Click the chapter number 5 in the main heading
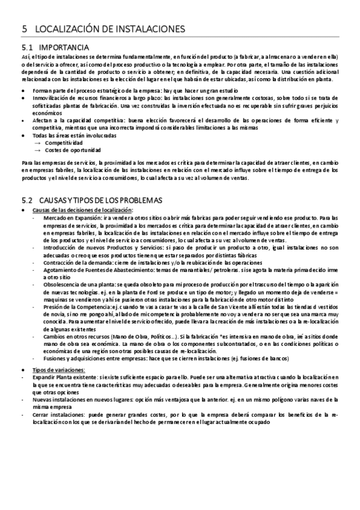click(x=24, y=28)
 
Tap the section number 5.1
click(x=26, y=47)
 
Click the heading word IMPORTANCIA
click(x=64, y=47)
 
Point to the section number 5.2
click(x=26, y=200)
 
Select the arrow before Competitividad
click(x=38, y=143)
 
